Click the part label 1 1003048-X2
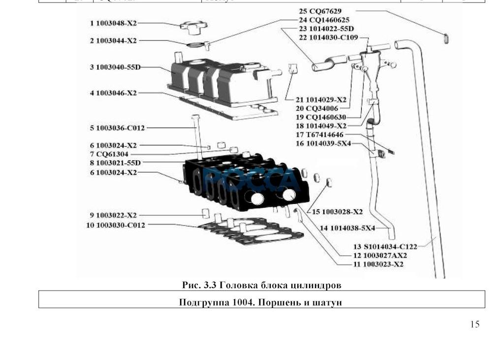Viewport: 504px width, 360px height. (114, 23)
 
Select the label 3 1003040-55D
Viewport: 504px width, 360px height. (115, 66)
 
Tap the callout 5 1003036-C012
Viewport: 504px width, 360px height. (118, 128)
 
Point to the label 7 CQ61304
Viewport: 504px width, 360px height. (109, 154)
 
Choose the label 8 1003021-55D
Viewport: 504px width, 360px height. (116, 163)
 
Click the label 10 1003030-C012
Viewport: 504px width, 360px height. (116, 225)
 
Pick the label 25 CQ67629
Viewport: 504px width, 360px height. (320, 11)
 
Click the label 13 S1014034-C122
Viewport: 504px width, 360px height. (385, 246)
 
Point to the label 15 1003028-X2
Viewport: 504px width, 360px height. (337, 212)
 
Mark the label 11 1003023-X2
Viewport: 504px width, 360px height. (378, 264)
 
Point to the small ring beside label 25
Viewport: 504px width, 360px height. (446, 38)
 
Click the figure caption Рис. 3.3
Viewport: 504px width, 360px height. (261, 285)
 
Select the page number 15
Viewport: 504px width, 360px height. (474, 324)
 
